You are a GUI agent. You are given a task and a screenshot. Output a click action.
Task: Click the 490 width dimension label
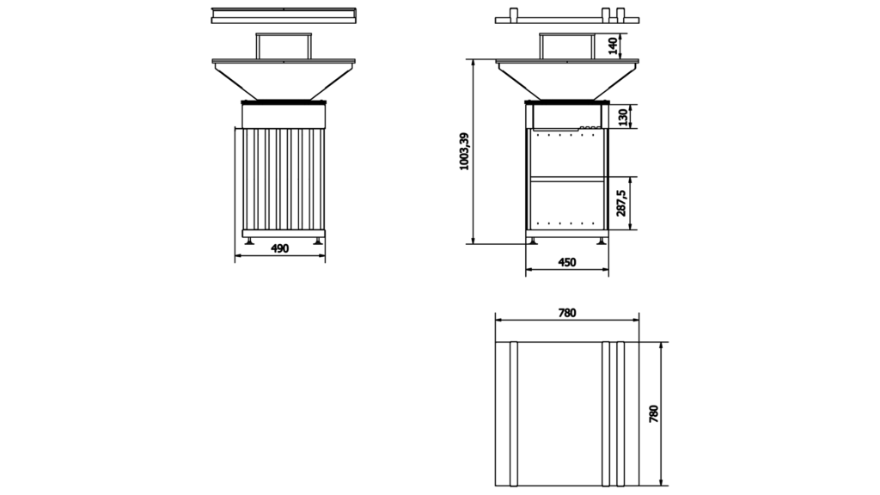point(279,248)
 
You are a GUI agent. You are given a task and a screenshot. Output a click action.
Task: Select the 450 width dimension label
point(567,262)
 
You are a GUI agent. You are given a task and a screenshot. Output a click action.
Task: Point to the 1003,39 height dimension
point(464,151)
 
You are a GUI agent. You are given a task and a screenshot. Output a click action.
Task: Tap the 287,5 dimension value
point(621,203)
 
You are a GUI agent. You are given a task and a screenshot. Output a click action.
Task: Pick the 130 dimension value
point(622,117)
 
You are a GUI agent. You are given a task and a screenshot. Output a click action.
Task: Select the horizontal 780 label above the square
point(567,313)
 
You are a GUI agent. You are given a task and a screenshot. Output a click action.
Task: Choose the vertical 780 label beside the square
point(653,413)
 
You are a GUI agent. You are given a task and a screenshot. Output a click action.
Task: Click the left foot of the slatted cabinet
point(248,241)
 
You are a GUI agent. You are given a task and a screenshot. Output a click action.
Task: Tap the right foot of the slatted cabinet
point(318,241)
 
